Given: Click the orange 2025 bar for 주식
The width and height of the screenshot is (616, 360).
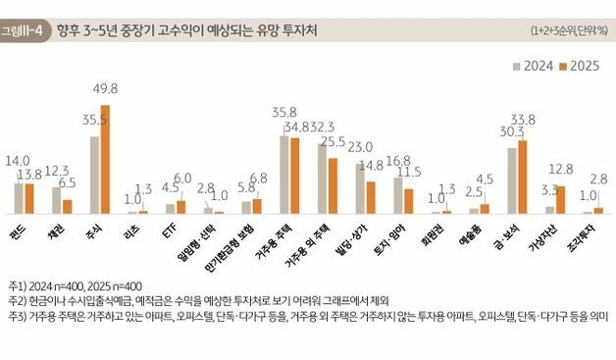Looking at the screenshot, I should click(106, 159).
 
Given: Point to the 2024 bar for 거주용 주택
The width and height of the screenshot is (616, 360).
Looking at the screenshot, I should click(283, 175).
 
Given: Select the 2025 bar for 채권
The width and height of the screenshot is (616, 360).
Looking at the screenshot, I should click(68, 206).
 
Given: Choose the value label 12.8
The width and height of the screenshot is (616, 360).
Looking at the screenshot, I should click(561, 169).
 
